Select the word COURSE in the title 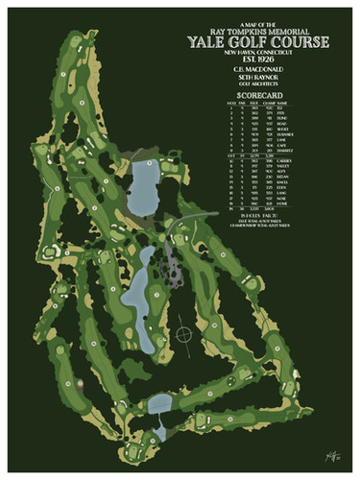pyautogui.click(x=311, y=42)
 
